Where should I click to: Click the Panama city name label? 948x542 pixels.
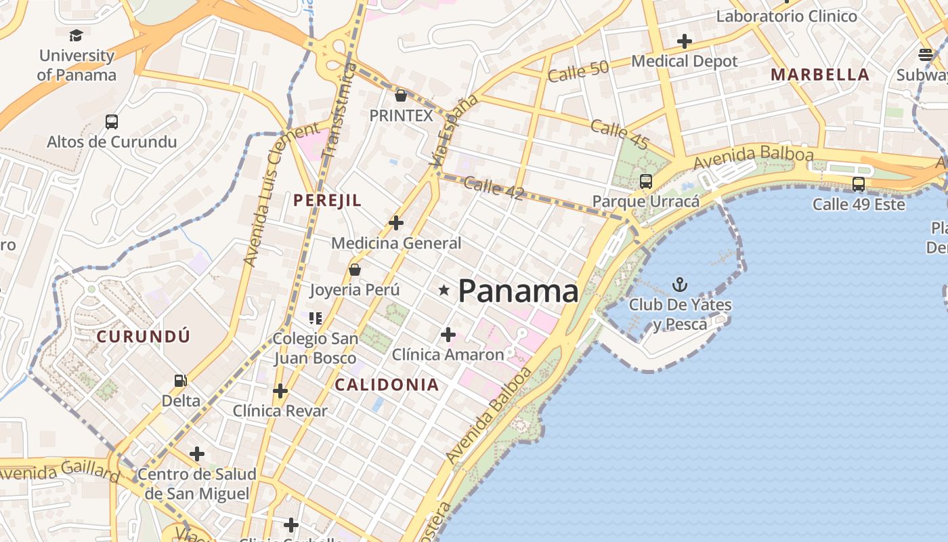coord(518,291)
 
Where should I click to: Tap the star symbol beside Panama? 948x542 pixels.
coord(444,291)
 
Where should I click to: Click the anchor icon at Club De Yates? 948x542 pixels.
coord(679,285)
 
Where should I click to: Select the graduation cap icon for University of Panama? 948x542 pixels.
coord(76,35)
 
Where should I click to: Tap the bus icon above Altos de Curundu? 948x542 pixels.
coord(112,122)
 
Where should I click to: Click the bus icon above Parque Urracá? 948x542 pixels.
coord(646,182)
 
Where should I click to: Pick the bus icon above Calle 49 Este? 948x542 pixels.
coord(859,184)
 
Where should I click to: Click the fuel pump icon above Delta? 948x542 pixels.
coord(180,381)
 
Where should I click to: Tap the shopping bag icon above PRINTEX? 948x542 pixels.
coord(401,96)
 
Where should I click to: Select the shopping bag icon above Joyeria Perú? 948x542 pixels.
coord(354,270)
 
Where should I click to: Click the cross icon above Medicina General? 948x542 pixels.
coord(396,222)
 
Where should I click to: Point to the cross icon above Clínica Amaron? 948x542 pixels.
coord(448,334)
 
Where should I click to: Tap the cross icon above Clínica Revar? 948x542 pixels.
coord(280,391)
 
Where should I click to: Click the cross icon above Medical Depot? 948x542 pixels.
coord(684,41)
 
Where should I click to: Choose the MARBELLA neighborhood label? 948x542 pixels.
coord(820,75)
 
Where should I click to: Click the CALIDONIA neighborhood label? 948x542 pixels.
coord(387,385)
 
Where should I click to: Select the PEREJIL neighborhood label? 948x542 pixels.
coord(327,201)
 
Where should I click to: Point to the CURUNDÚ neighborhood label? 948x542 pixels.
coord(143,337)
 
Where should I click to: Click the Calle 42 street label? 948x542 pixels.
coord(494,188)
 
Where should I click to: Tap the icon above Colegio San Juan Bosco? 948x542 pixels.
coord(315,318)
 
